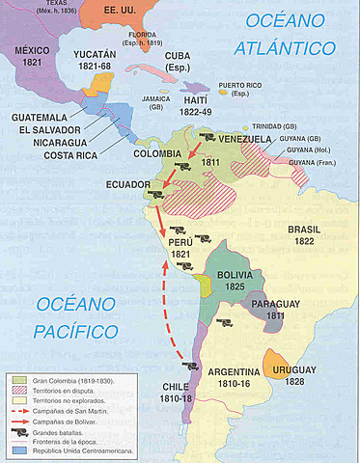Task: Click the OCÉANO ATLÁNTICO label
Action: pyautogui.click(x=289, y=34)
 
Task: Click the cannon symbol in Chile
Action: pyautogui.click(x=190, y=366)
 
